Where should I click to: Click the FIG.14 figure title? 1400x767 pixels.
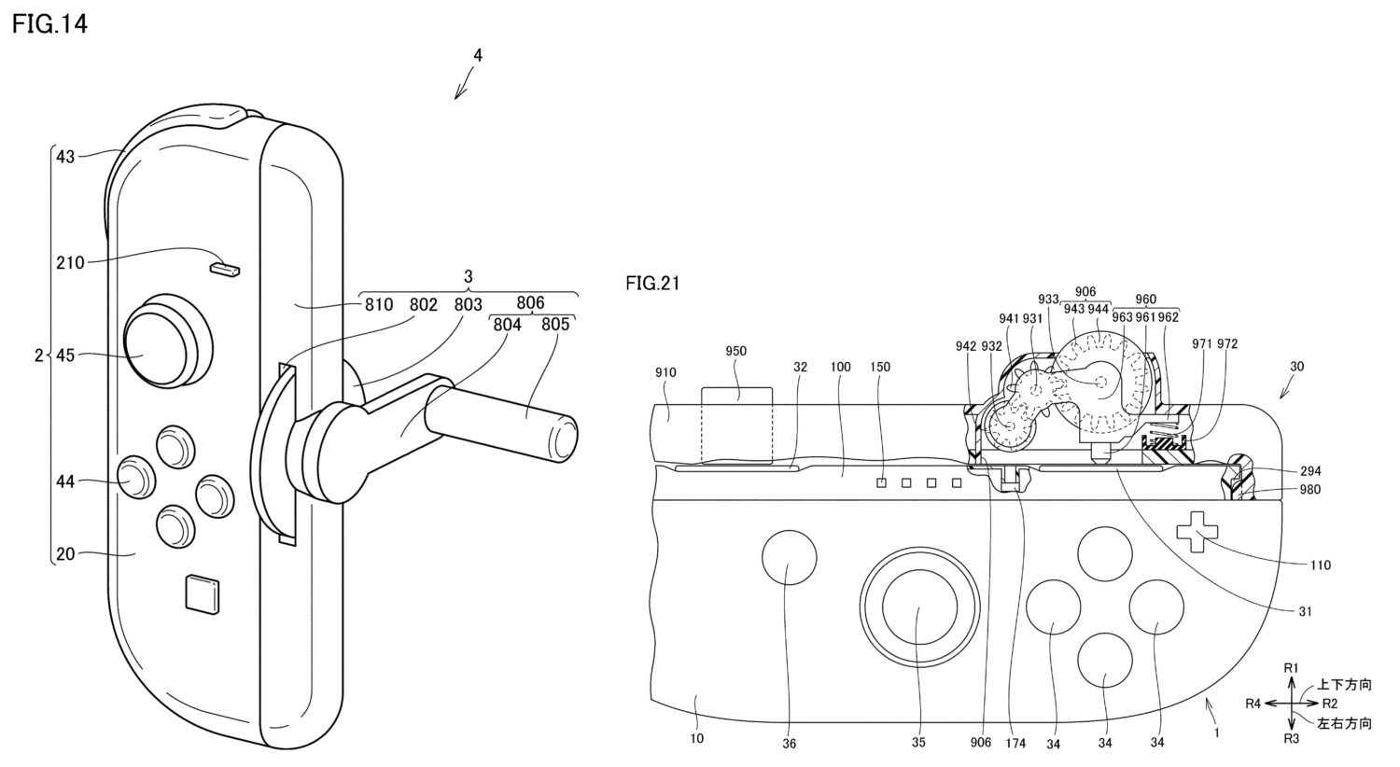point(49,24)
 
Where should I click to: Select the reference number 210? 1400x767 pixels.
point(70,262)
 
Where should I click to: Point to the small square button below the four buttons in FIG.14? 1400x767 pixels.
point(203,593)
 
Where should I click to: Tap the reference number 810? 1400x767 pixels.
point(379,304)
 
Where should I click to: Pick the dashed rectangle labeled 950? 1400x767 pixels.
point(737,424)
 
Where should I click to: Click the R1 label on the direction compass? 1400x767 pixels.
point(1292,667)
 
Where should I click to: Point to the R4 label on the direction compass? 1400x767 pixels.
point(1255,703)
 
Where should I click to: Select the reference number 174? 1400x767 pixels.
point(1015,743)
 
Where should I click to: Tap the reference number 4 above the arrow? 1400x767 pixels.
point(477,55)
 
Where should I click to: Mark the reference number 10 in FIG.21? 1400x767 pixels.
point(696,739)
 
